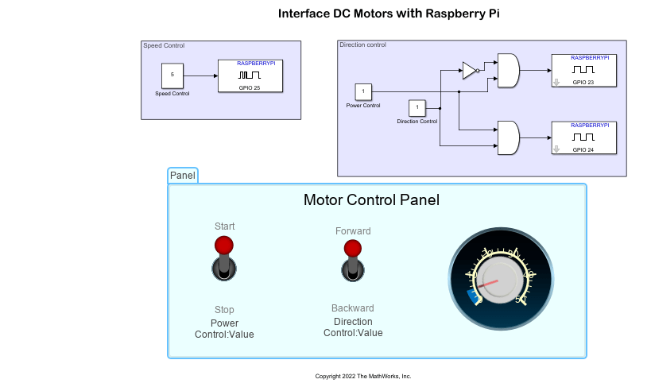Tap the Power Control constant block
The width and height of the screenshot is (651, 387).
[x=363, y=91]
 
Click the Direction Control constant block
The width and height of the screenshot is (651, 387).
[x=417, y=108]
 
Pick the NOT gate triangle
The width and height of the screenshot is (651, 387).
[x=470, y=72]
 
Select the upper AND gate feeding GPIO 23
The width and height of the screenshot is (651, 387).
[x=508, y=71]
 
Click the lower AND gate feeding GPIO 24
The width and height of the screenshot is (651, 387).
[x=508, y=137]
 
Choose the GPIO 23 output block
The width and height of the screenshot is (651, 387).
[x=583, y=71]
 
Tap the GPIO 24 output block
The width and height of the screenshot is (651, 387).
[x=583, y=137]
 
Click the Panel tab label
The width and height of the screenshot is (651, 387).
[x=183, y=176]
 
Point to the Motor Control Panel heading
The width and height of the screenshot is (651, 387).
[x=371, y=200]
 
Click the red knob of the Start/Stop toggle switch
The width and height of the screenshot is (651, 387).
[x=224, y=244]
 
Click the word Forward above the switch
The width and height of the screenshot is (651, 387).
[x=353, y=231]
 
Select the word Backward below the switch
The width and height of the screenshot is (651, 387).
[x=352, y=308]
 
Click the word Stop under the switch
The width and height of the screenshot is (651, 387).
[x=224, y=310]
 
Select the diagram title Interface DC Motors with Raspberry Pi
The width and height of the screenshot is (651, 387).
[x=389, y=14]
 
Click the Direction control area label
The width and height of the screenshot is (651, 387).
[x=363, y=45]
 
